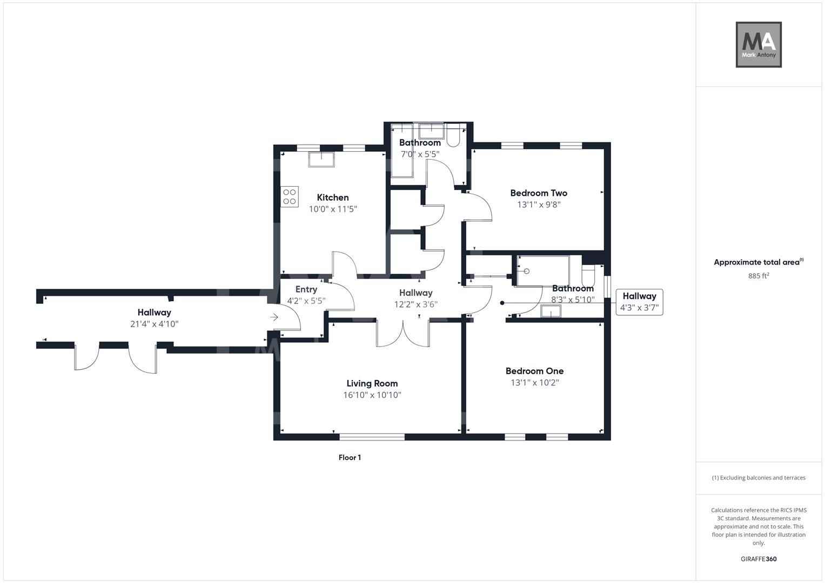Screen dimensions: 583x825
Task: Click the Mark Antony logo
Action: (759, 45)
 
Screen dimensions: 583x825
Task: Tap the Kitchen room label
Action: (333, 198)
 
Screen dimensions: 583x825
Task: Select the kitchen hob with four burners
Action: (290, 196)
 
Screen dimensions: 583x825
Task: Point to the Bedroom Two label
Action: (539, 193)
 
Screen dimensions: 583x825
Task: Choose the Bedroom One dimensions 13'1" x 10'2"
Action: (534, 383)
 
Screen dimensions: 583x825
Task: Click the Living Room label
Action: (372, 383)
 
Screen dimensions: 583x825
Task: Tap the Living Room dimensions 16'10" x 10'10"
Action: (372, 395)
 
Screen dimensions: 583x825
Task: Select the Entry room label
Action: (306, 289)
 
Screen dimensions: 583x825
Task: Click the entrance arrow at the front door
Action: (274, 317)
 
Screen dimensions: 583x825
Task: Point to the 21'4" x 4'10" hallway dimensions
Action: (154, 324)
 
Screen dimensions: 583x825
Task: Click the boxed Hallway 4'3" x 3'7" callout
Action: (639, 302)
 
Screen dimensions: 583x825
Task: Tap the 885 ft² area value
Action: (759, 276)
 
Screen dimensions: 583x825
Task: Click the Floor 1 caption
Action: (350, 458)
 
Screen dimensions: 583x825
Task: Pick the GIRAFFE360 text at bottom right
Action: (759, 559)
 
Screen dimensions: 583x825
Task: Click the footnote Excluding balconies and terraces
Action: (759, 478)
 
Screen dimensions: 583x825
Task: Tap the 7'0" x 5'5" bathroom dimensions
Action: (420, 154)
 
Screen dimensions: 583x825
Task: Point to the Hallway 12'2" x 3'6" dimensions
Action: (415, 304)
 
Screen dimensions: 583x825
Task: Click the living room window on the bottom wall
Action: (372, 437)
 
